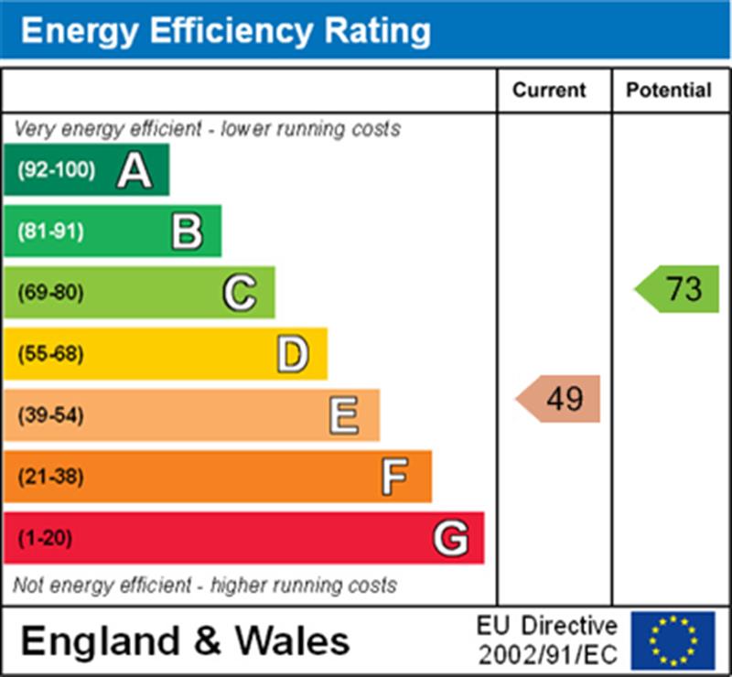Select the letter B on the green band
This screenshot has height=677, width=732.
pos(187,231)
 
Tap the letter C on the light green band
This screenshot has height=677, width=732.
pos(240,293)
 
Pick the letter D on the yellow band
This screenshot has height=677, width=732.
pos(292,354)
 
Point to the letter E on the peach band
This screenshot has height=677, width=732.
pos(344,415)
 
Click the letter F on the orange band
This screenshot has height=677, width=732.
pos(395,477)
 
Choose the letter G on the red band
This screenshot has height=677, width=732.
pos(450,538)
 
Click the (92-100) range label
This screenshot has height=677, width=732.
pos(56,170)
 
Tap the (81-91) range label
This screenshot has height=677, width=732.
pos(50,231)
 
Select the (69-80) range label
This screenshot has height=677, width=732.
pos(50,293)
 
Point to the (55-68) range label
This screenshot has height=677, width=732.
pos(50,354)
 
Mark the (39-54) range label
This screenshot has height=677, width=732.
pos(50,415)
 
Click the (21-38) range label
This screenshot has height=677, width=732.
pos(50,477)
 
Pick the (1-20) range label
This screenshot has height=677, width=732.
pos(45,538)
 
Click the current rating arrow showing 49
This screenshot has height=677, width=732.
pos(559,399)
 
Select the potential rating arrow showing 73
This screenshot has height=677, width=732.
pos(678,289)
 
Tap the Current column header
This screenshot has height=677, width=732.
pos(549,90)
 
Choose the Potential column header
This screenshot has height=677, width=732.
pos(669,90)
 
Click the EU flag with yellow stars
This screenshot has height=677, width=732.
pos(673,640)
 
